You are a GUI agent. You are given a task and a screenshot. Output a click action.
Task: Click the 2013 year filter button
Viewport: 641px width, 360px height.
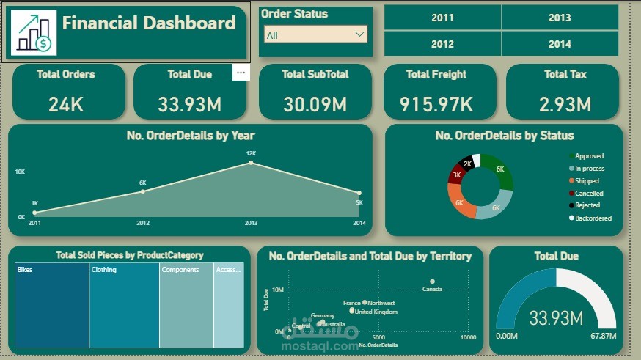tap(559, 18)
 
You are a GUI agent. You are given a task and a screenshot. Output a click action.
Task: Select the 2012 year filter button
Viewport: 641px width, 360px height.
tap(442, 44)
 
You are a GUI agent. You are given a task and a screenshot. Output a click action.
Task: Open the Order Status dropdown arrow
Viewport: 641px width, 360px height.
tap(359, 34)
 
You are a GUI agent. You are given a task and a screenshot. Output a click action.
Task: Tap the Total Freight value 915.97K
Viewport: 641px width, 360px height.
tap(436, 104)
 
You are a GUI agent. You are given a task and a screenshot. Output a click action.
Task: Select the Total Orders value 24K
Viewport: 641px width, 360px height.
tap(66, 104)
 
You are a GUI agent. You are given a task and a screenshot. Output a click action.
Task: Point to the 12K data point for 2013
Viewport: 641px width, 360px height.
tap(251, 162)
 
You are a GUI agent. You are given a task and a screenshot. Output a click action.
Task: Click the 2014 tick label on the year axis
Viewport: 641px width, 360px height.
tap(359, 223)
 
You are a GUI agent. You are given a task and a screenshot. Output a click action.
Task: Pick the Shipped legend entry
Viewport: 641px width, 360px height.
tap(587, 181)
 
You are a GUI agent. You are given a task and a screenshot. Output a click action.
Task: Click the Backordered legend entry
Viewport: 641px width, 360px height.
tap(593, 218)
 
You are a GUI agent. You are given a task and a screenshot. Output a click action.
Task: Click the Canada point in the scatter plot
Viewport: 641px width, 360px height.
tap(433, 281)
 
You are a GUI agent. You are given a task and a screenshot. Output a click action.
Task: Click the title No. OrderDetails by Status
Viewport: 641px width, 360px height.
tap(504, 136)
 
